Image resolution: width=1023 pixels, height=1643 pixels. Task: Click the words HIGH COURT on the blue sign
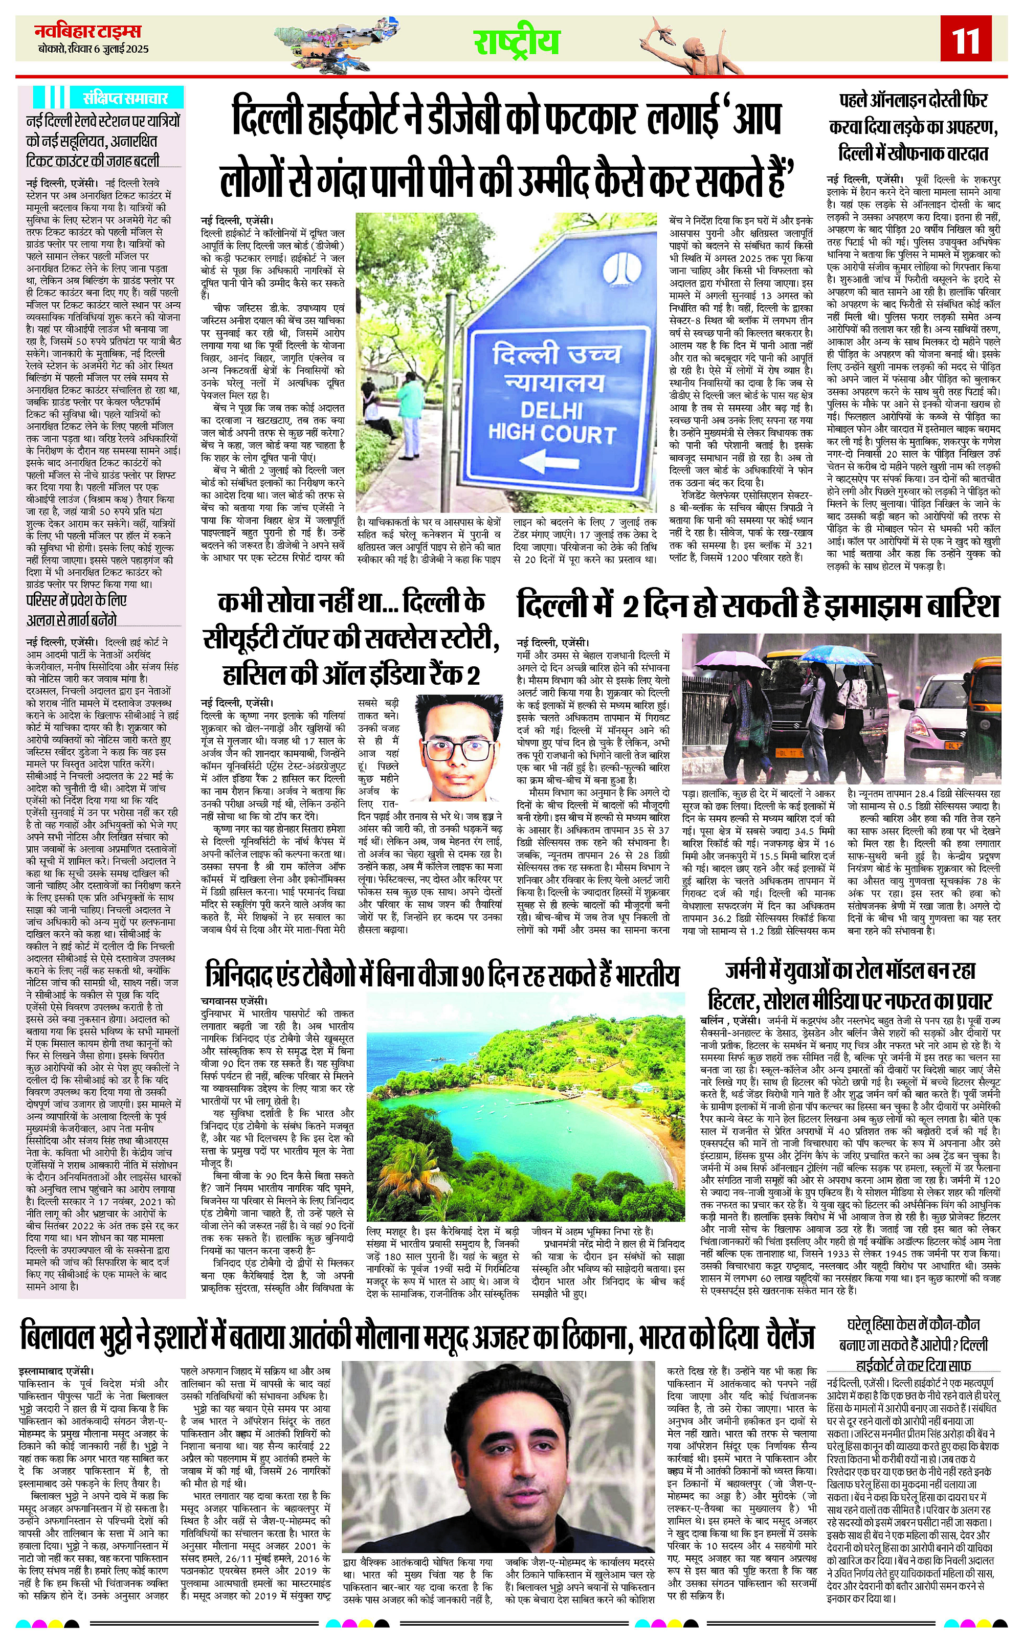click(551, 433)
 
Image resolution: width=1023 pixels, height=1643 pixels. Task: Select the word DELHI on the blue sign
click(551, 409)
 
